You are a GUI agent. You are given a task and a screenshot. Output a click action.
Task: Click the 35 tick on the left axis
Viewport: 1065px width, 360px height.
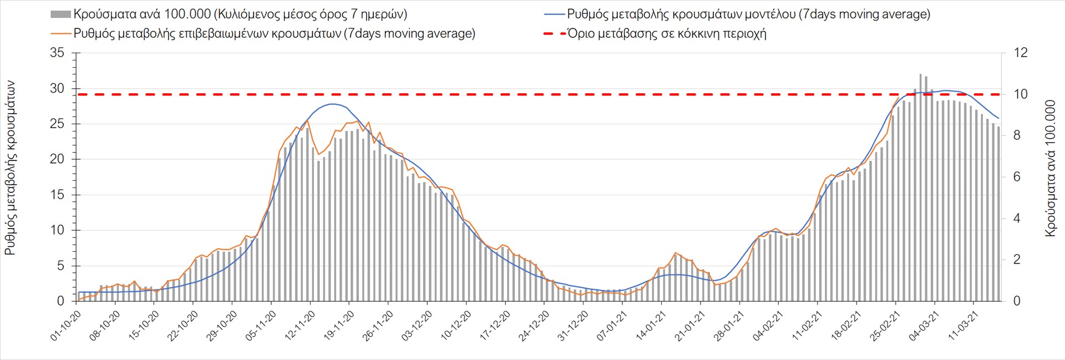[57, 53]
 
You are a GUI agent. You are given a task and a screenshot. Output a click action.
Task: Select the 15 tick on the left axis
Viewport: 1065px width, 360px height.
[57, 195]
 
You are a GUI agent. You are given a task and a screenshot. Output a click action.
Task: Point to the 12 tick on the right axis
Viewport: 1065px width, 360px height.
[1021, 53]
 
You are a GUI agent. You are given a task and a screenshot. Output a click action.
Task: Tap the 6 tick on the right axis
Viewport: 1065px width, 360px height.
[1017, 177]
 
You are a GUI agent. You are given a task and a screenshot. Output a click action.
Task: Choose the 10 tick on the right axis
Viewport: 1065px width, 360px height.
[1021, 94]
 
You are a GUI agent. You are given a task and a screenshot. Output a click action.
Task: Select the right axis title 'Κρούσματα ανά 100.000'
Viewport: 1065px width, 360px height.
[1050, 168]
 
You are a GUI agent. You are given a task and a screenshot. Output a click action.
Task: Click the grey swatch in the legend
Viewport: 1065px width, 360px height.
[60, 14]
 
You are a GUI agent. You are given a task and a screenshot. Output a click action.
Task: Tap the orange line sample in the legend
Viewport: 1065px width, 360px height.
[60, 34]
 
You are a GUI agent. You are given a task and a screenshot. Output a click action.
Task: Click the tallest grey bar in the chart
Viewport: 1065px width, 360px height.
[920, 189]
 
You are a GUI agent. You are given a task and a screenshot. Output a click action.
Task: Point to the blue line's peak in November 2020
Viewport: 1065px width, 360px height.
[332, 104]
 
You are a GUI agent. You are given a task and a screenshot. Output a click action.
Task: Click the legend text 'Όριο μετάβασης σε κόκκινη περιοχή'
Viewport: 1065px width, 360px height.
[667, 34]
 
